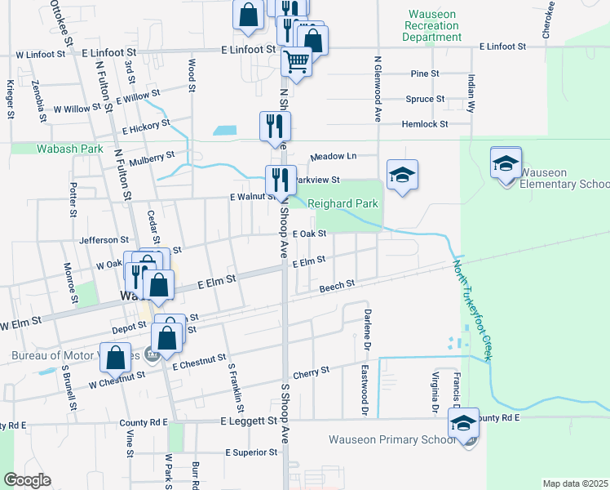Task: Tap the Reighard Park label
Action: [x=347, y=203]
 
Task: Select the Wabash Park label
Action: [x=59, y=149]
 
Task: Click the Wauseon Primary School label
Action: [x=392, y=439]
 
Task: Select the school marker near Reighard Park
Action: [x=402, y=175]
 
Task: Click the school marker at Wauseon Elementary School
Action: [x=506, y=163]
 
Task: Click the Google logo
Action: [x=27, y=480]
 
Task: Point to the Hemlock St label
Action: [x=425, y=124]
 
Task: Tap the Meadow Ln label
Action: [x=333, y=156]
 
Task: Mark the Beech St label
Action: [x=337, y=287]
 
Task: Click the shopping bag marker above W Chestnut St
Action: [x=117, y=356]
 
